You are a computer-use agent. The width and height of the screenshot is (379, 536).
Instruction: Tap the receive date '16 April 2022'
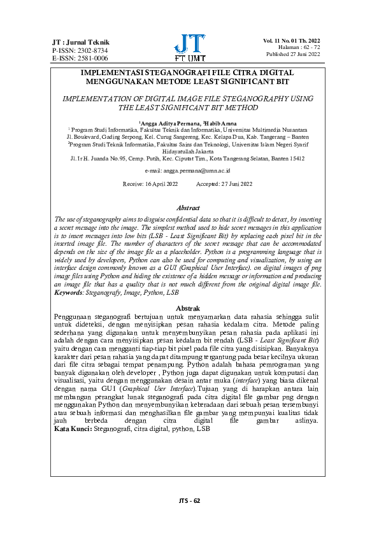(x=159, y=184)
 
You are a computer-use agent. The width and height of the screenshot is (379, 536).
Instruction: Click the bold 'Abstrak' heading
(x=188, y=308)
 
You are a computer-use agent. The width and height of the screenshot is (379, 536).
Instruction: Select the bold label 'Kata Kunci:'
(x=73, y=430)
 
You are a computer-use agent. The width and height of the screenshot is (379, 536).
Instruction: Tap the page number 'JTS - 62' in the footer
(x=189, y=500)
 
